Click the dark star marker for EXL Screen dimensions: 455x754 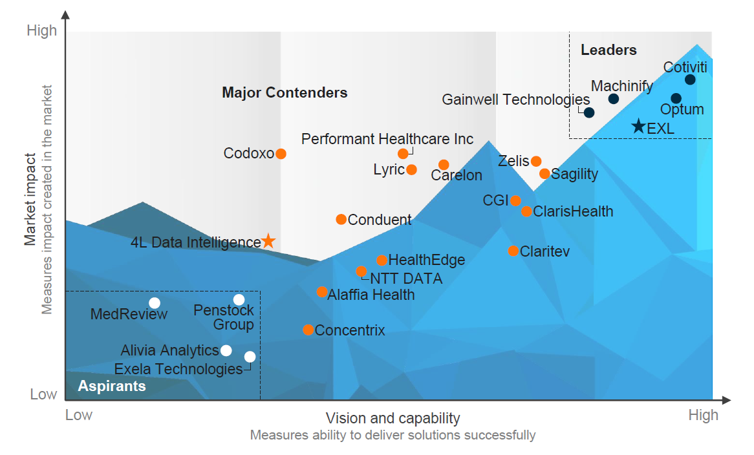click(638, 127)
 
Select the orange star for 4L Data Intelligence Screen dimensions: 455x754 click(268, 242)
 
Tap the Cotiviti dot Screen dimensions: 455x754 click(690, 79)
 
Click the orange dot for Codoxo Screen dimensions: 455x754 click(281, 154)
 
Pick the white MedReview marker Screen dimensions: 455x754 click(154, 303)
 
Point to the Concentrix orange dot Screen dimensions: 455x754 click(308, 330)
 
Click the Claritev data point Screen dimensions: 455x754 click(513, 251)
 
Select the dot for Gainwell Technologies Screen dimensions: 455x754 click(589, 112)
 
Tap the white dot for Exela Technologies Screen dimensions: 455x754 click(250, 357)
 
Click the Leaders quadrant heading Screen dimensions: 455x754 click(609, 50)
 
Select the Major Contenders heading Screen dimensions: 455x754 click(285, 93)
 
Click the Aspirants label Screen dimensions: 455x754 click(112, 386)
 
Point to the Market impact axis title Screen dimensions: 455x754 click(30, 199)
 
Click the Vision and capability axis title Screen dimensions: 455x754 click(393, 418)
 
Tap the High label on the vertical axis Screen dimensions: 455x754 click(42, 30)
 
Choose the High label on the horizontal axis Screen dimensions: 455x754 click(703, 415)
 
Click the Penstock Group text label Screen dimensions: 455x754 click(224, 317)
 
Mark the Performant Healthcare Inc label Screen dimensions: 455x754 click(387, 139)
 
